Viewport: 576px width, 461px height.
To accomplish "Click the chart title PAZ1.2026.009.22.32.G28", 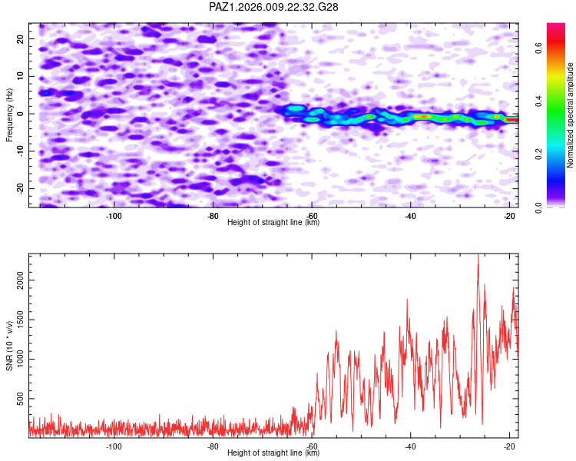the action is pyautogui.click(x=273, y=7).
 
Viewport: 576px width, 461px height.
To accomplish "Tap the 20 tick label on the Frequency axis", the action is pyautogui.click(x=21, y=38).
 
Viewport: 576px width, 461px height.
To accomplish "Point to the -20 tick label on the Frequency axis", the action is pyautogui.click(x=21, y=188).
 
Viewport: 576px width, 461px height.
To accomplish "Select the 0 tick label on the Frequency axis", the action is pyautogui.click(x=21, y=114).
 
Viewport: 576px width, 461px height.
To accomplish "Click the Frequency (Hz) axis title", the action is pyautogui.click(x=9, y=115).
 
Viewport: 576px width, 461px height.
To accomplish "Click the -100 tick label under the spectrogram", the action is pyautogui.click(x=114, y=216).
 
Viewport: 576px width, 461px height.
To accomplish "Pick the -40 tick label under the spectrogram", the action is pyautogui.click(x=410, y=216).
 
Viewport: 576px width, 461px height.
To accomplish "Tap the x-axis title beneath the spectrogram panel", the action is pyautogui.click(x=273, y=222).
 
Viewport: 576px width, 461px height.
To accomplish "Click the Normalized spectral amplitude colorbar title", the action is pyautogui.click(x=570, y=115).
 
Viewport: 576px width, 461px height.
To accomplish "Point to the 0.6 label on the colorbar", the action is pyautogui.click(x=538, y=48).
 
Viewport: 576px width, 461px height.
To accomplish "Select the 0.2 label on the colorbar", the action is pyautogui.click(x=538, y=154).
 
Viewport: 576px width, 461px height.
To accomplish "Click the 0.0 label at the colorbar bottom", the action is pyautogui.click(x=538, y=207).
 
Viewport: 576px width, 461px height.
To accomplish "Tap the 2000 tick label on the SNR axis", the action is pyautogui.click(x=21, y=280).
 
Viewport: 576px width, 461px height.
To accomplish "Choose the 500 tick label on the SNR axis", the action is pyautogui.click(x=21, y=399).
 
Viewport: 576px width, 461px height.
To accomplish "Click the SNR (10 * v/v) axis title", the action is pyautogui.click(x=9, y=346).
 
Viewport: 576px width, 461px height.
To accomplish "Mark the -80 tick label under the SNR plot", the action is pyautogui.click(x=213, y=446).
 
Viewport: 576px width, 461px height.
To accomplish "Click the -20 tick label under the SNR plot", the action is pyautogui.click(x=509, y=446).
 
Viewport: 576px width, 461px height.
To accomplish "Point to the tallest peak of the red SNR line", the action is pyautogui.click(x=478, y=254).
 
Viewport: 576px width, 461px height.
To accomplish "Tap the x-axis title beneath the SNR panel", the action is pyautogui.click(x=273, y=453).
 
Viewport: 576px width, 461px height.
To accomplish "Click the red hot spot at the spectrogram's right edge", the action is pyautogui.click(x=512, y=120).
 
